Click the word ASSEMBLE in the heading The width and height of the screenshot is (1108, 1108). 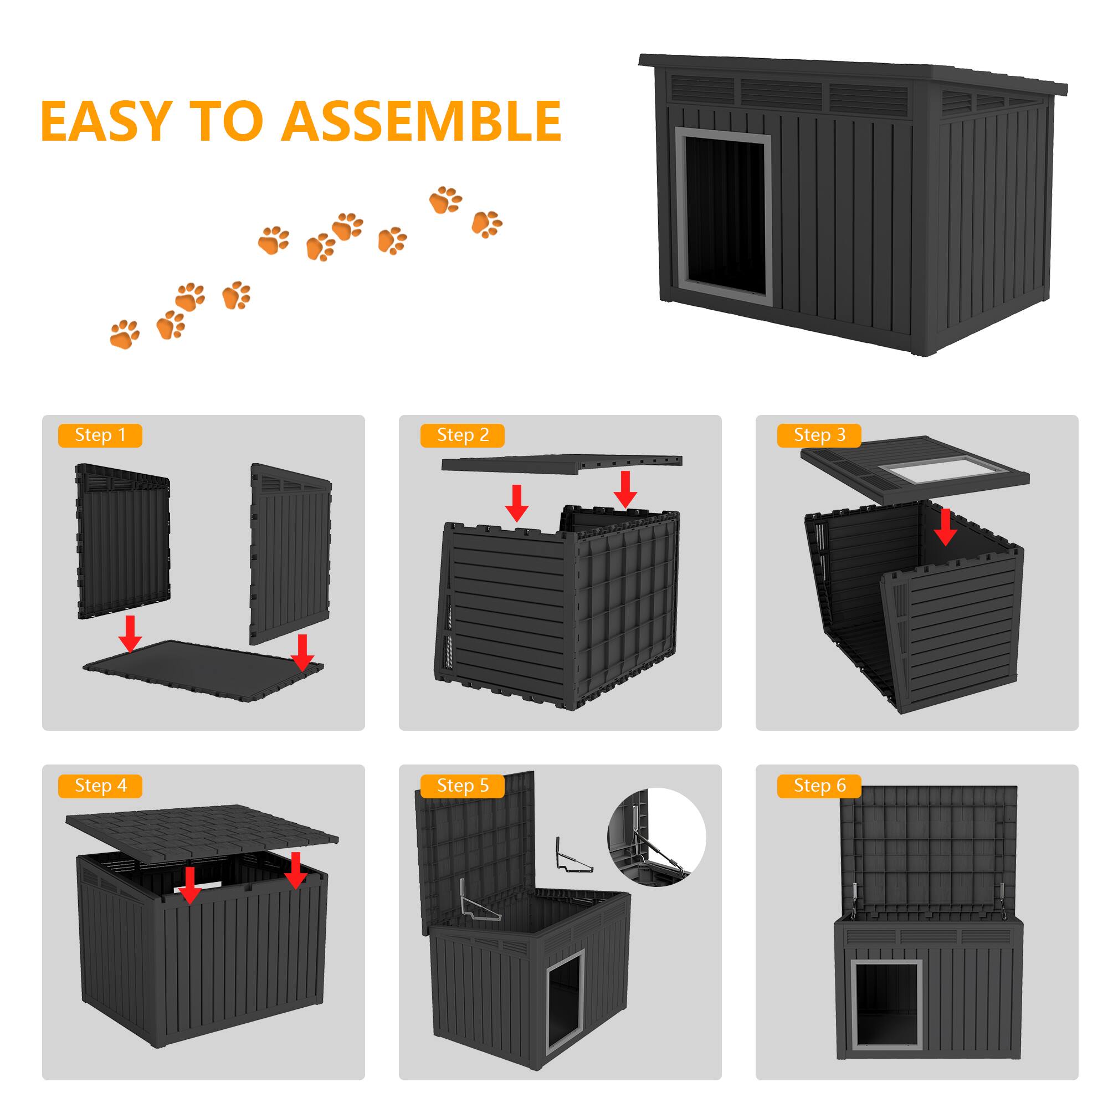pos(421,121)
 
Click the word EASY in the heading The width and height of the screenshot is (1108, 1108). pos(106,121)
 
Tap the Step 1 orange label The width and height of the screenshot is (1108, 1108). pos(100,435)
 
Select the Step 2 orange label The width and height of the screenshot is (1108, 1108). pos(462,435)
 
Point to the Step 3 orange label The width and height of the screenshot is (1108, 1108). pos(819,435)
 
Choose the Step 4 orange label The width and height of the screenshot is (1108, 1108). pos(100,786)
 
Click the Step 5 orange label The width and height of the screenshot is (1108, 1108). pos(462,786)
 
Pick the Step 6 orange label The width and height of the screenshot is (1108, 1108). pos(819,786)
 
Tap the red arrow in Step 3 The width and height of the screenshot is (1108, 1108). pos(945,526)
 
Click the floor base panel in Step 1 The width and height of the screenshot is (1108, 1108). pos(203,669)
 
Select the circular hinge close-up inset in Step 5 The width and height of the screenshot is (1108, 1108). pos(656,837)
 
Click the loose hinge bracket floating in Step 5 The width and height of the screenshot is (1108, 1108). pos(571,858)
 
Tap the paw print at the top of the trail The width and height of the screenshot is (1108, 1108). pos(445,200)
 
